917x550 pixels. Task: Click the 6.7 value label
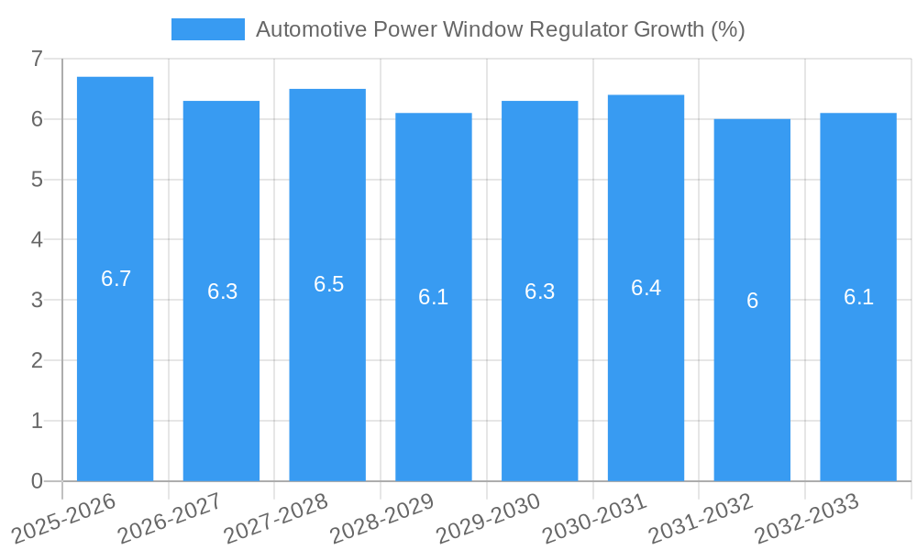pyautogui.click(x=116, y=279)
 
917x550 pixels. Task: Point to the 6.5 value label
pyautogui.click(x=328, y=284)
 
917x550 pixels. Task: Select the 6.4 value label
pyautogui.click(x=646, y=288)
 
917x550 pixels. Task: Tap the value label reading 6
pyautogui.click(x=752, y=301)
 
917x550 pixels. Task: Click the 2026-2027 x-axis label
pyautogui.click(x=169, y=518)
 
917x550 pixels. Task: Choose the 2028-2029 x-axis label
pyautogui.click(x=381, y=518)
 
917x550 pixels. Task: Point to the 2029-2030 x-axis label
pyautogui.click(x=487, y=518)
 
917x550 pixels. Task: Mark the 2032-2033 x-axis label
pyautogui.click(x=805, y=518)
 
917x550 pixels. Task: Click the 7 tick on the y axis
pyautogui.click(x=37, y=59)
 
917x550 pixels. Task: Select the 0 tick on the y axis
pyautogui.click(x=37, y=481)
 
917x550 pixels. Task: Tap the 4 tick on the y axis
pyautogui.click(x=37, y=240)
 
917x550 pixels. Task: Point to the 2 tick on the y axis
pyautogui.click(x=37, y=360)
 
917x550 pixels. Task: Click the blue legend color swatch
pyautogui.click(x=208, y=29)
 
